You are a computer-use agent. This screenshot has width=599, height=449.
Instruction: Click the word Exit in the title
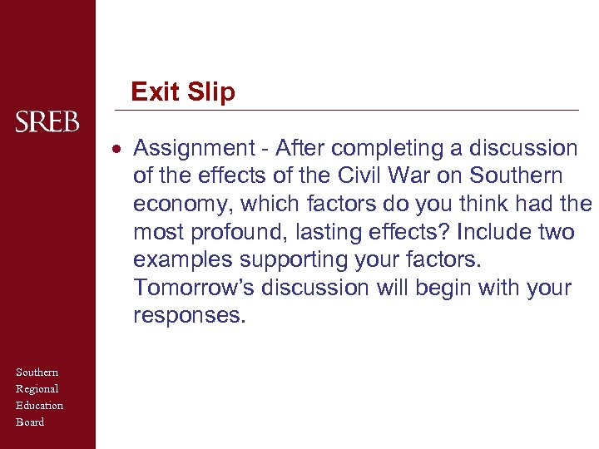coord(155,91)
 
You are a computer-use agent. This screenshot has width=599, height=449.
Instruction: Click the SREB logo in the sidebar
coord(47,123)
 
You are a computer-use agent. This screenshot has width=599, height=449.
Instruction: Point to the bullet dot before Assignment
coord(120,150)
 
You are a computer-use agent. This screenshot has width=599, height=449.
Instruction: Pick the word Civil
coord(364,176)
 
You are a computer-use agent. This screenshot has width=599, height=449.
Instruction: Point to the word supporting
coord(283,260)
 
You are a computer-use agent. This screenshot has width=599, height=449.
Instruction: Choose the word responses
coord(189,316)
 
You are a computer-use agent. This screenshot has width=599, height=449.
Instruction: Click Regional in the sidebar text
coord(37,388)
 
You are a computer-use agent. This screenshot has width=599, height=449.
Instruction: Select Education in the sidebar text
coord(39,405)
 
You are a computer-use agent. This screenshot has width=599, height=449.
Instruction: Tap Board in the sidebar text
coord(30,422)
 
